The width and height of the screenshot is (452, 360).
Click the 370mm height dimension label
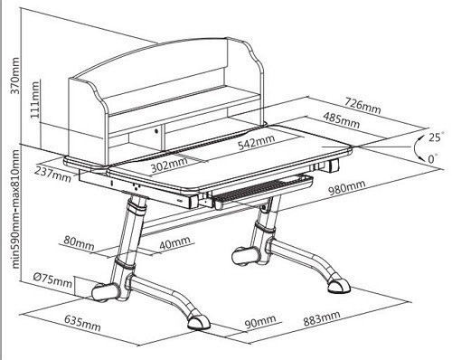15,75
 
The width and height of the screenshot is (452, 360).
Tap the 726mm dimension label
363,105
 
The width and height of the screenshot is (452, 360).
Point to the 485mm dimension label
341,119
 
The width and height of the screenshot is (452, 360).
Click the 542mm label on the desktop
256,142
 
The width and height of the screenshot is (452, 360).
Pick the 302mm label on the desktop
169,164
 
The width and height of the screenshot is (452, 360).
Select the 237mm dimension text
52,175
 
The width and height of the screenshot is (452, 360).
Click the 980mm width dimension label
346,187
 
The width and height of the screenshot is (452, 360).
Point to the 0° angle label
433,158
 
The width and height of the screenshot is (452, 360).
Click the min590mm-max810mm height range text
15,209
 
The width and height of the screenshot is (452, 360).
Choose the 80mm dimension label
79,243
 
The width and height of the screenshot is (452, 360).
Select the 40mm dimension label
174,243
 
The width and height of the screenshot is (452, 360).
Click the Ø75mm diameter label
52,280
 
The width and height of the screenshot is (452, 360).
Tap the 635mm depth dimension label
82,323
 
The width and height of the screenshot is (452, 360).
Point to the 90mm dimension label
260,322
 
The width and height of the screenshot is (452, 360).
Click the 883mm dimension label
322,318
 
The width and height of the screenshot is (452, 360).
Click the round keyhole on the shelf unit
156,131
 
